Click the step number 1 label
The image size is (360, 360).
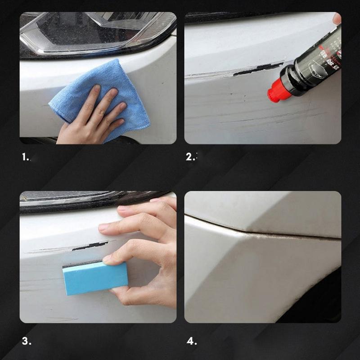[26, 157]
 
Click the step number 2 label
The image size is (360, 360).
[191, 157]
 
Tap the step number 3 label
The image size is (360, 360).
[26, 342]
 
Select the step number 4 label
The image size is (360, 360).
[192, 342]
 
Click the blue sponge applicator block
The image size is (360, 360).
[94, 279]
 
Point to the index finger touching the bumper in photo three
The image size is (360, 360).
[112, 227]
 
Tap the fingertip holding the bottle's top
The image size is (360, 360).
[337, 18]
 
